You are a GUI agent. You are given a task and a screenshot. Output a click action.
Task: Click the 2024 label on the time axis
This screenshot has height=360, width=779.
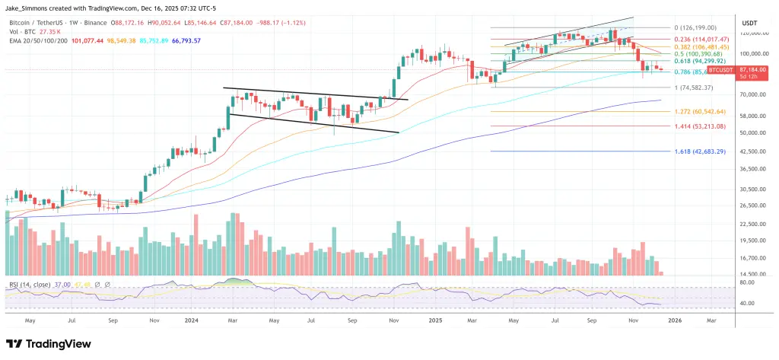(191, 321)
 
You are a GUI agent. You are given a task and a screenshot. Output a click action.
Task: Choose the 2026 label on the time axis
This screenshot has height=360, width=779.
(673, 321)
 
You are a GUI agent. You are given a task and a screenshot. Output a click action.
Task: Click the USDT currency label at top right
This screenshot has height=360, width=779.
(749, 23)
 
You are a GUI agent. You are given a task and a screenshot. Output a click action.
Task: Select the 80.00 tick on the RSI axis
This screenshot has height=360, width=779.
(746, 282)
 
